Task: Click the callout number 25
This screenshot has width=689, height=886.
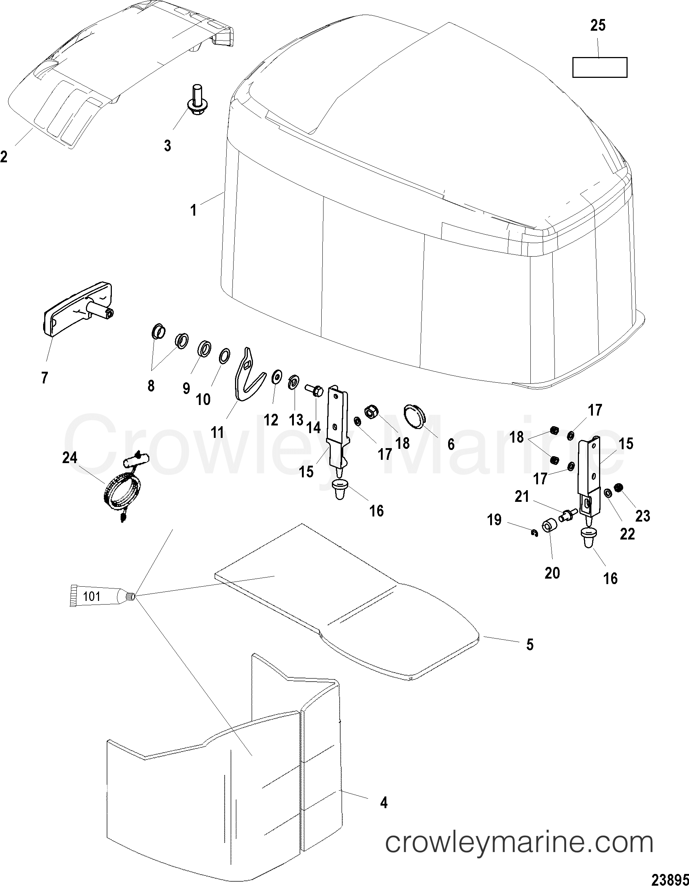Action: click(598, 26)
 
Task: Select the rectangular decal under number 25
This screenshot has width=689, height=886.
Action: click(600, 67)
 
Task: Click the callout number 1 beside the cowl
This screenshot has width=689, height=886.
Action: click(194, 211)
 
